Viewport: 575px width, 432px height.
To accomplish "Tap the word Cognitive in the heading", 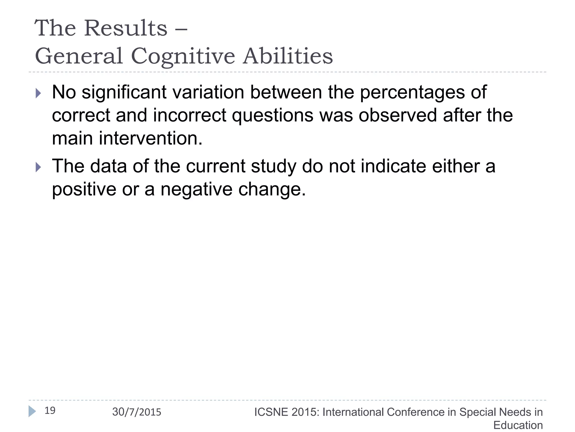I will point(183,56).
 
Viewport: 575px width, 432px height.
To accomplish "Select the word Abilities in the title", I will point(288,56).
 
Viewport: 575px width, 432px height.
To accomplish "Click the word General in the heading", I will point(79,56).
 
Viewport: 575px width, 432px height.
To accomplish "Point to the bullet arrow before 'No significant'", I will point(38,93).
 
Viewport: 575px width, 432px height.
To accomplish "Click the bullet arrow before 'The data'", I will point(38,167).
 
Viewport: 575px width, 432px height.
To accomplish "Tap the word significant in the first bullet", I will point(124,93).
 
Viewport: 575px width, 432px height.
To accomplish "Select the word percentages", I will point(412,93).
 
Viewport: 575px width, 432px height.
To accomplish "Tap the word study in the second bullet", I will point(273,166).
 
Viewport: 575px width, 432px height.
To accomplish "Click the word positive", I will point(84,190).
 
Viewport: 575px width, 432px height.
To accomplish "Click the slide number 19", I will point(50,411).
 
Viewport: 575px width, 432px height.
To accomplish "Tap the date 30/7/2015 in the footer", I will point(137,412).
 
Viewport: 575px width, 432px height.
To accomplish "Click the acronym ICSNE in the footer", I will point(271,412).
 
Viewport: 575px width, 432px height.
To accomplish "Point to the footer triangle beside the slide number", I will point(32,411).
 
